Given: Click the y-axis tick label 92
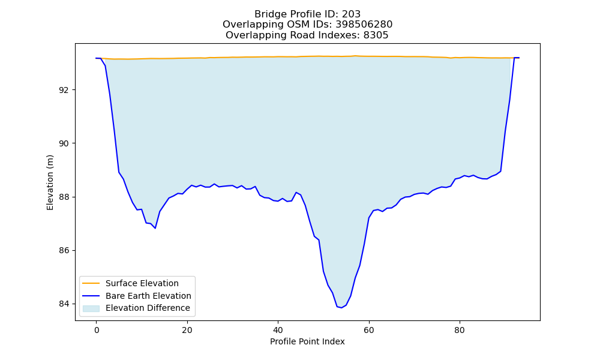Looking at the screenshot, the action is [x=64, y=90].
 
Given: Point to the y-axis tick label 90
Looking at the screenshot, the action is [x=64, y=144].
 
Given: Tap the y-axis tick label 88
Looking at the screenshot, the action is [x=64, y=197].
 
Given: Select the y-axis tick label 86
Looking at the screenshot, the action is [x=64, y=251].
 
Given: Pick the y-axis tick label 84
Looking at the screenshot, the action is [x=64, y=304].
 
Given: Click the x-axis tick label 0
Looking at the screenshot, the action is [x=97, y=330].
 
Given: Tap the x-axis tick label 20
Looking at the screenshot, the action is [x=187, y=330].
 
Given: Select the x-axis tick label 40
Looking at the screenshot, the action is [x=278, y=330].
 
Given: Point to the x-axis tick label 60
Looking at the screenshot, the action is [x=369, y=330].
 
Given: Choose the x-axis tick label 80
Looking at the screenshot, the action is [x=460, y=330].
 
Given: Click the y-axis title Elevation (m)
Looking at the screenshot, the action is [x=50, y=182].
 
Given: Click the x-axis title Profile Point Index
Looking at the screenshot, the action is [x=307, y=341].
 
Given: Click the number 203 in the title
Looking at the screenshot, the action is [x=351, y=14].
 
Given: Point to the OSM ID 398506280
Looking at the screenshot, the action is [x=364, y=25].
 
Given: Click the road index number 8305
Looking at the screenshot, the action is [x=376, y=35].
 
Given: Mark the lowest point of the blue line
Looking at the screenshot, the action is [x=341, y=308].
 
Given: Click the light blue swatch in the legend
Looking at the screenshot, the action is [x=91, y=308].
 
